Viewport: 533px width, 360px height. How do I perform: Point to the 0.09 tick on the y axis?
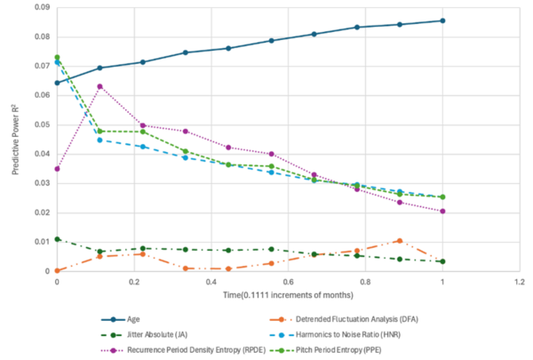(x=38, y=7)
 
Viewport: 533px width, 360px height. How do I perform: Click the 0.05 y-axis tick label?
(x=38, y=124)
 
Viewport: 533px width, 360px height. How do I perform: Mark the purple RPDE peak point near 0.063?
(x=100, y=86)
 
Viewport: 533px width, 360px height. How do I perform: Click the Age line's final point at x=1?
(x=442, y=20)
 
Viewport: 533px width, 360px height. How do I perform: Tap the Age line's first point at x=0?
(x=57, y=83)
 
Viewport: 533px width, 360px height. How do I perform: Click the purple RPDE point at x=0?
(x=57, y=169)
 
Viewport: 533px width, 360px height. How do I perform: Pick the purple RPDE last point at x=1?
(x=442, y=212)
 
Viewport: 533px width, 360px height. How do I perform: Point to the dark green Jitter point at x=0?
(x=57, y=239)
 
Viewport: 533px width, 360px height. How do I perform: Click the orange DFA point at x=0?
(x=57, y=270)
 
